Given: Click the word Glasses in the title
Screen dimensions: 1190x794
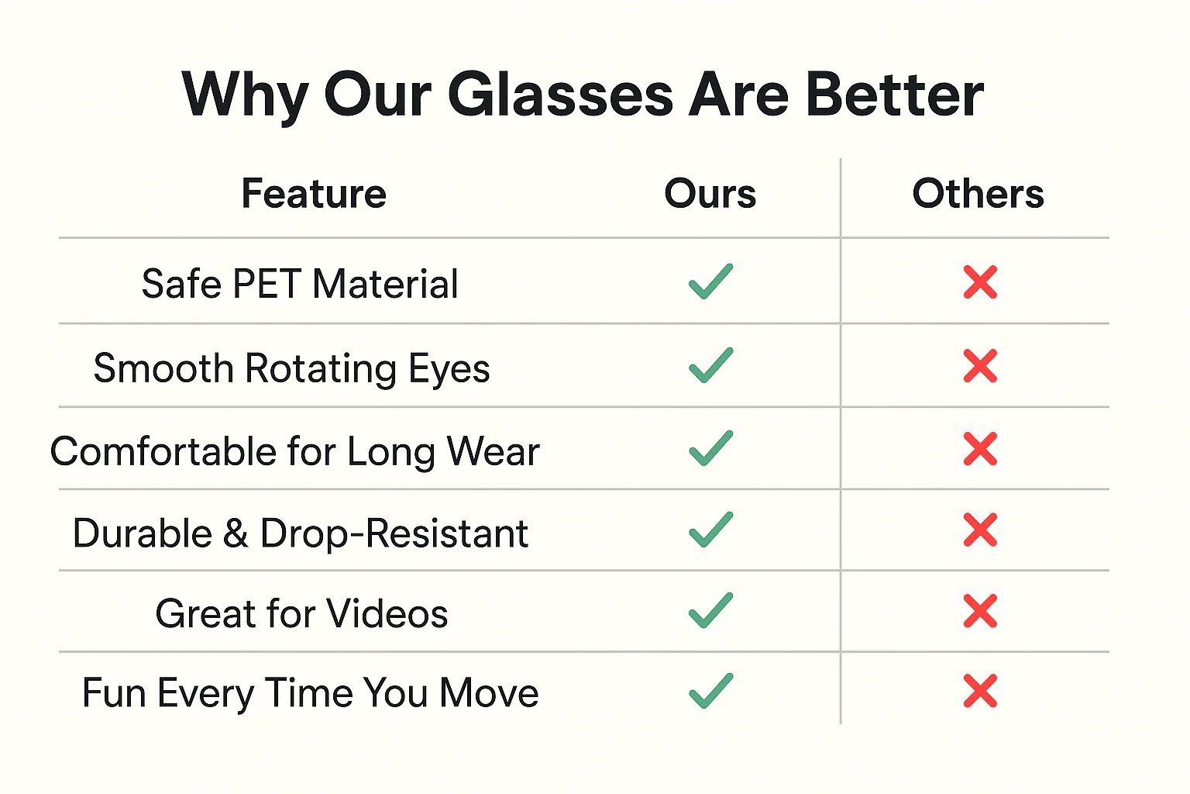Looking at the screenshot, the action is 561,95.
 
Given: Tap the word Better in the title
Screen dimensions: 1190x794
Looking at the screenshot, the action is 895,94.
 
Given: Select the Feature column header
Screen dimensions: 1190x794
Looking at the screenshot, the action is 314,194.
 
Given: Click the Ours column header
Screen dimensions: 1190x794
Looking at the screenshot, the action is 710,194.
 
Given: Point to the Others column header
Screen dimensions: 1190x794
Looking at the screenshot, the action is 978,194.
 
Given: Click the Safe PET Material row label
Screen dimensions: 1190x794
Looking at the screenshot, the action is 300,284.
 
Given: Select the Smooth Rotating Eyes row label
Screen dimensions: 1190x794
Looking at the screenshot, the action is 291,368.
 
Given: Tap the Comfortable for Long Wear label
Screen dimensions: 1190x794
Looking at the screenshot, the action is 295,452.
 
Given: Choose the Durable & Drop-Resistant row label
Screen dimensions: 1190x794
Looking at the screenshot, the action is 301,533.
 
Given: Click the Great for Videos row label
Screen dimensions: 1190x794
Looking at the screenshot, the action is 301,613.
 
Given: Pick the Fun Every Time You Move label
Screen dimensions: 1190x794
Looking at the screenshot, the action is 310,693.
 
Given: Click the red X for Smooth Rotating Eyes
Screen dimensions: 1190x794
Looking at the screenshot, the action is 980,366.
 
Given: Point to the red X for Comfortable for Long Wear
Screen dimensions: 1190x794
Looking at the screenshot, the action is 980,449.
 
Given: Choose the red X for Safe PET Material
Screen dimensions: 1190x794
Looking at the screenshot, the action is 980,282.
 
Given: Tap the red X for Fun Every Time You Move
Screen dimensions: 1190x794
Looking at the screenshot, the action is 980,691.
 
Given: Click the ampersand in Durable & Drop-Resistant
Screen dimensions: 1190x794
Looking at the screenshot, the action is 236,533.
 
